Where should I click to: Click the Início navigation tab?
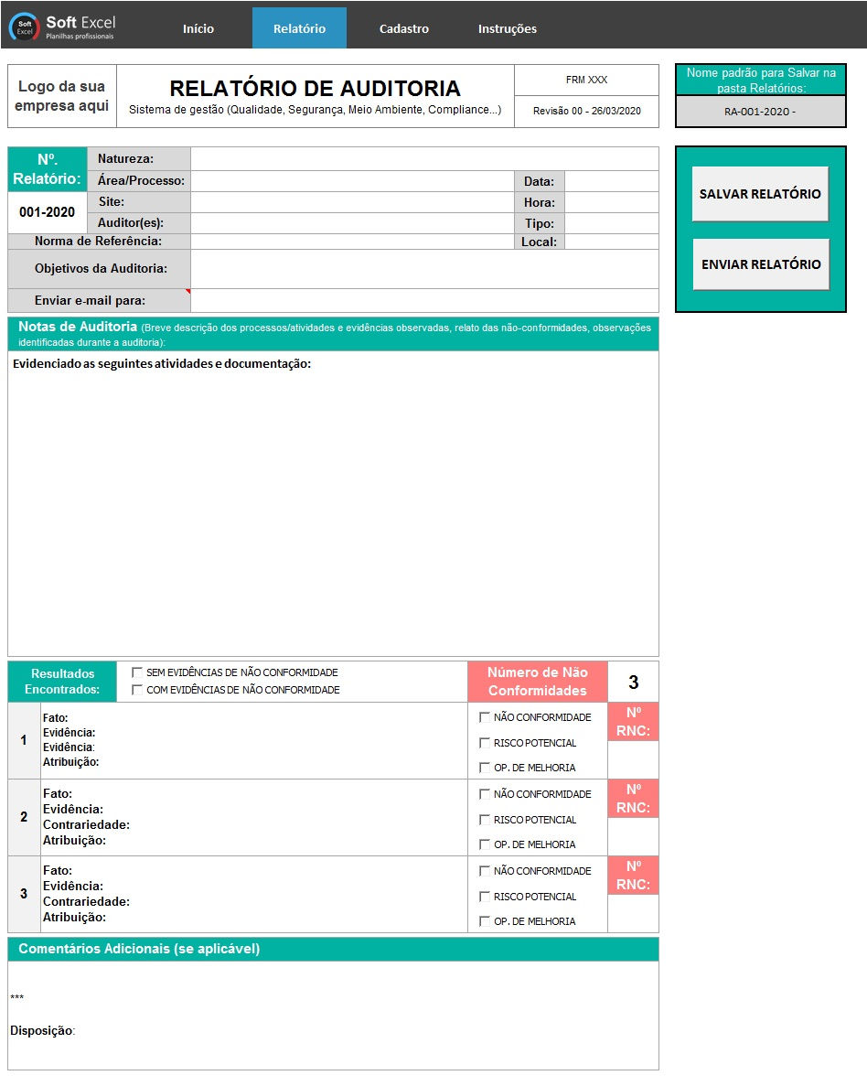(x=198, y=28)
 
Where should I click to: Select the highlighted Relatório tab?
(x=299, y=28)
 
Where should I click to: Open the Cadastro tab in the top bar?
(x=404, y=28)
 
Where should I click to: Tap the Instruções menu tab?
(x=508, y=28)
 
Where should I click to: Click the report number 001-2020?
(x=48, y=212)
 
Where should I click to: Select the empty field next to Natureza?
(x=424, y=159)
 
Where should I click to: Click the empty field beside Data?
(x=611, y=181)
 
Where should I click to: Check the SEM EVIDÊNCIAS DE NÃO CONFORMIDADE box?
(x=137, y=672)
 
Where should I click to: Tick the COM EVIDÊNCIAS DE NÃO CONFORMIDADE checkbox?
(x=137, y=690)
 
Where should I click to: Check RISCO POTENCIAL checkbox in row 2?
(x=485, y=820)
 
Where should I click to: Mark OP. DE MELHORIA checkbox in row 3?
(x=485, y=921)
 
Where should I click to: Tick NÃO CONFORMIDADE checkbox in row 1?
(x=485, y=717)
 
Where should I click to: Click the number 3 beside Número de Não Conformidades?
(x=633, y=683)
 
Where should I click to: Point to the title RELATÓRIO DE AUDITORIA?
(x=316, y=89)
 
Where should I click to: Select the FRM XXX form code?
(x=586, y=81)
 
